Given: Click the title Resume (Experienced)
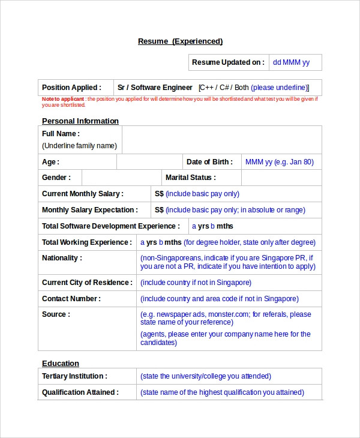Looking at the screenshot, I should [x=180, y=41].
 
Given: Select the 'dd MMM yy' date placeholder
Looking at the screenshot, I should [x=291, y=62].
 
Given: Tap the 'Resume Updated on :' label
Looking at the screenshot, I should [x=227, y=62].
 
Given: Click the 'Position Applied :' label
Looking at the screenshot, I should [x=71, y=88].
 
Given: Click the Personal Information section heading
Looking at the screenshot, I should [x=80, y=121].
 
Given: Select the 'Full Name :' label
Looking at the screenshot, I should [x=61, y=134].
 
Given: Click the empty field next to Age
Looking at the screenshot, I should [x=149, y=162].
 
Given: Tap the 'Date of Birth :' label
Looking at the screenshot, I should [x=209, y=162].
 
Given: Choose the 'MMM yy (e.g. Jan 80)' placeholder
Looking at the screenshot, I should [x=279, y=162].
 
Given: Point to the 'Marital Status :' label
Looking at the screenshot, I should [x=190, y=178].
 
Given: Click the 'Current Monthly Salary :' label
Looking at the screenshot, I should [x=83, y=194].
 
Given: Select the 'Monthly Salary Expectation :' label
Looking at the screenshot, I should [x=90, y=210].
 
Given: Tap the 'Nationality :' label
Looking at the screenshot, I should [x=62, y=258].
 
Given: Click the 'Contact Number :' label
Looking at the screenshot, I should [x=71, y=298].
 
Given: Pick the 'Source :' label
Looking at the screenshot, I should [x=56, y=314].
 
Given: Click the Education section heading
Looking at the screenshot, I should [x=61, y=364].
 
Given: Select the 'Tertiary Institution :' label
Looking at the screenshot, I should [x=74, y=376].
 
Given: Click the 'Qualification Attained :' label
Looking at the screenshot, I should [x=80, y=392].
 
